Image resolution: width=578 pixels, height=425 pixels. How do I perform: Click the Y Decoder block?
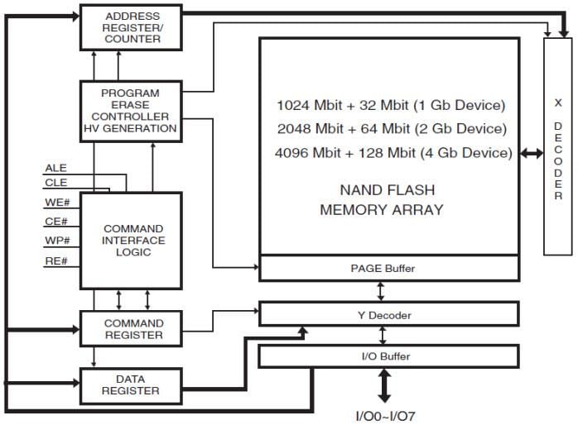tap(389, 314)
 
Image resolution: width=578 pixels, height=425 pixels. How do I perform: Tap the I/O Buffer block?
tap(389, 356)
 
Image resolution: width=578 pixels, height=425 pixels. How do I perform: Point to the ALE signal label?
tap(56, 169)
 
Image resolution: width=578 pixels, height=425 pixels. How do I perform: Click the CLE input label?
tap(56, 184)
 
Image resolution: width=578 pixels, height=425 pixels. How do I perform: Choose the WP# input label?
tap(56, 242)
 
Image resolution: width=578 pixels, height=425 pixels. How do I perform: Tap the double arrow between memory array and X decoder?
tap(531, 154)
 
